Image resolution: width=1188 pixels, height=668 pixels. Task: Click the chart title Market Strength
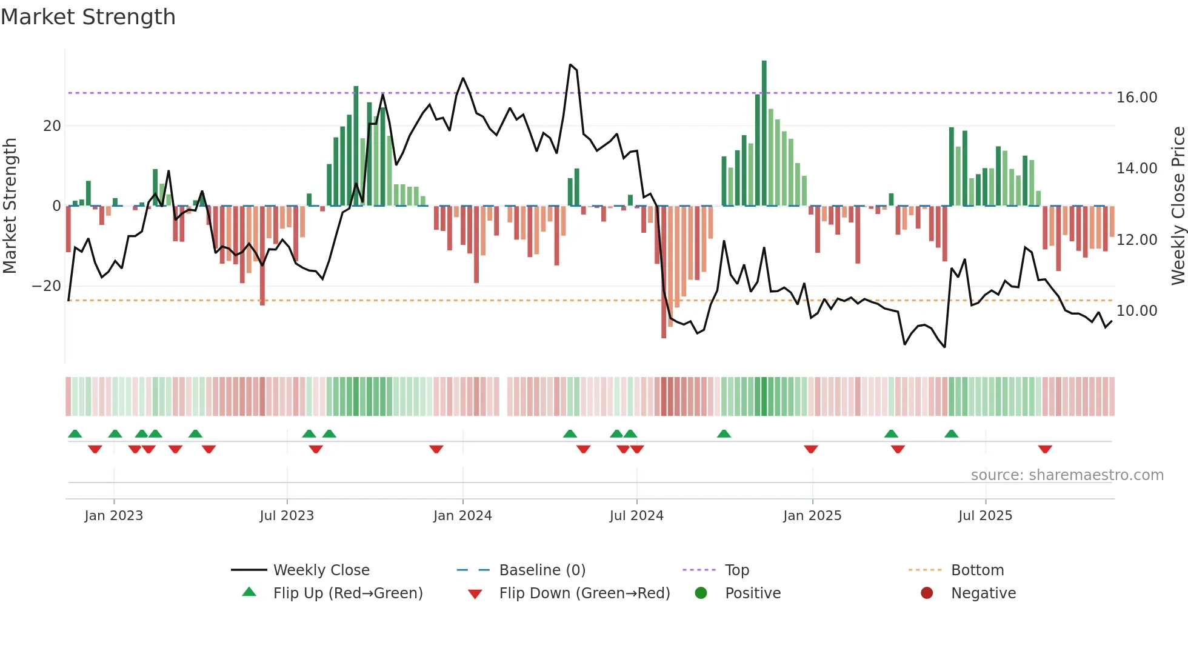88,17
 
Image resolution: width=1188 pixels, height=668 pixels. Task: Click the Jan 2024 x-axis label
462,516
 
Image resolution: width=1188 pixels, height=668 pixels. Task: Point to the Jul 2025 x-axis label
985,516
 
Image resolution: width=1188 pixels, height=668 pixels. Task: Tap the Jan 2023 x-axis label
114,516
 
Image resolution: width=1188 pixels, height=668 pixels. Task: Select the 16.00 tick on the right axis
1136,98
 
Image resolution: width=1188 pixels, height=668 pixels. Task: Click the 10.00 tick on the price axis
1136,311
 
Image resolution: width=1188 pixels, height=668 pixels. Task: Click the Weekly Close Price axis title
1178,206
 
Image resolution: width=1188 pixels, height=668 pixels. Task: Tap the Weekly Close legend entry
321,570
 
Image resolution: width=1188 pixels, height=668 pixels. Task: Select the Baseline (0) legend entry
542,570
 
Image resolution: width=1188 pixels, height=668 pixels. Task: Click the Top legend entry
736,570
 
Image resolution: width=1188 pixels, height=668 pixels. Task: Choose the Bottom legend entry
977,570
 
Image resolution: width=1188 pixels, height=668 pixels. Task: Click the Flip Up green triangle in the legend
249,592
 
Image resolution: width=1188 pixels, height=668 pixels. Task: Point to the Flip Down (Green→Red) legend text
584,593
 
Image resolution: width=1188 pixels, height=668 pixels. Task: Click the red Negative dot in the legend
927,593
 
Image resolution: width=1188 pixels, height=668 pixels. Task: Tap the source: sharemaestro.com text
1067,475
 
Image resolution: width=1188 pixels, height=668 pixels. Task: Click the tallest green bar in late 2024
764,133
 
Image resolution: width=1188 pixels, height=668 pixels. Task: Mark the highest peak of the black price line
570,65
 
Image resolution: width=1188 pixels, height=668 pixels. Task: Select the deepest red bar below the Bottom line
664,273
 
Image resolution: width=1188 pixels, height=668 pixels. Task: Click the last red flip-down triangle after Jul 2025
1045,449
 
